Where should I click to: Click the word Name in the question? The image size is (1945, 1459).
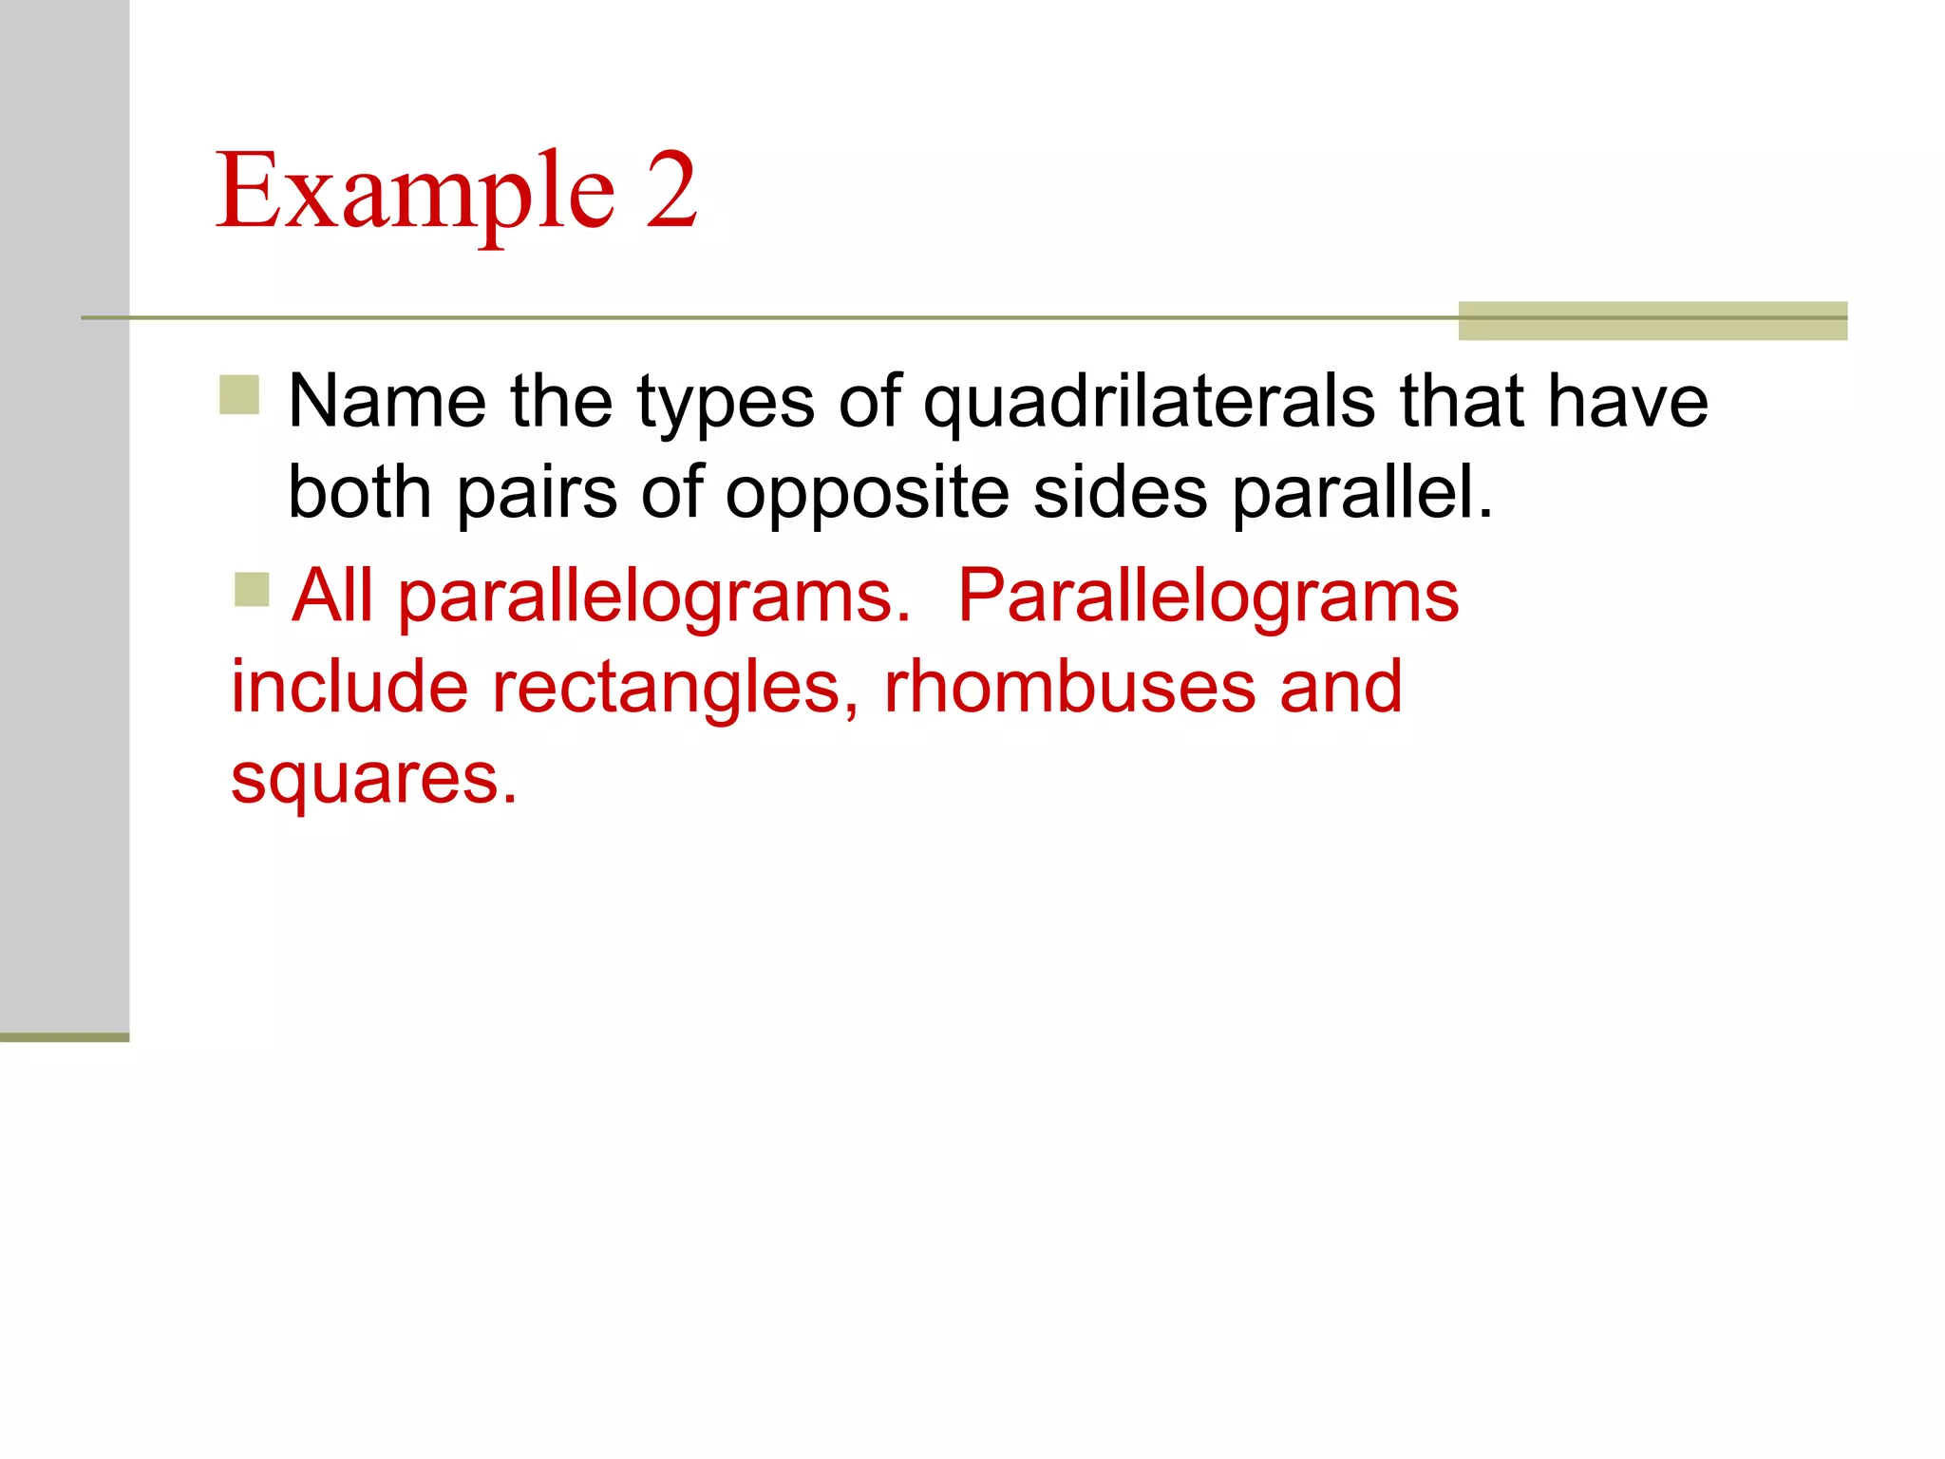pos(387,402)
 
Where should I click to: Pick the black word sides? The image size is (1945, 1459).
pos(1121,491)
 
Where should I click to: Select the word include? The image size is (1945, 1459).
pos(349,686)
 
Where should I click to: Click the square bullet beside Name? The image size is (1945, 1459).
pos(239,395)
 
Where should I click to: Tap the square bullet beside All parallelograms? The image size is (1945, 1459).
pos(252,589)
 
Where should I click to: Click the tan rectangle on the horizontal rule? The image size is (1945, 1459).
pos(1652,320)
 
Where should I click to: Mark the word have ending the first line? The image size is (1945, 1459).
pos(1628,402)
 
